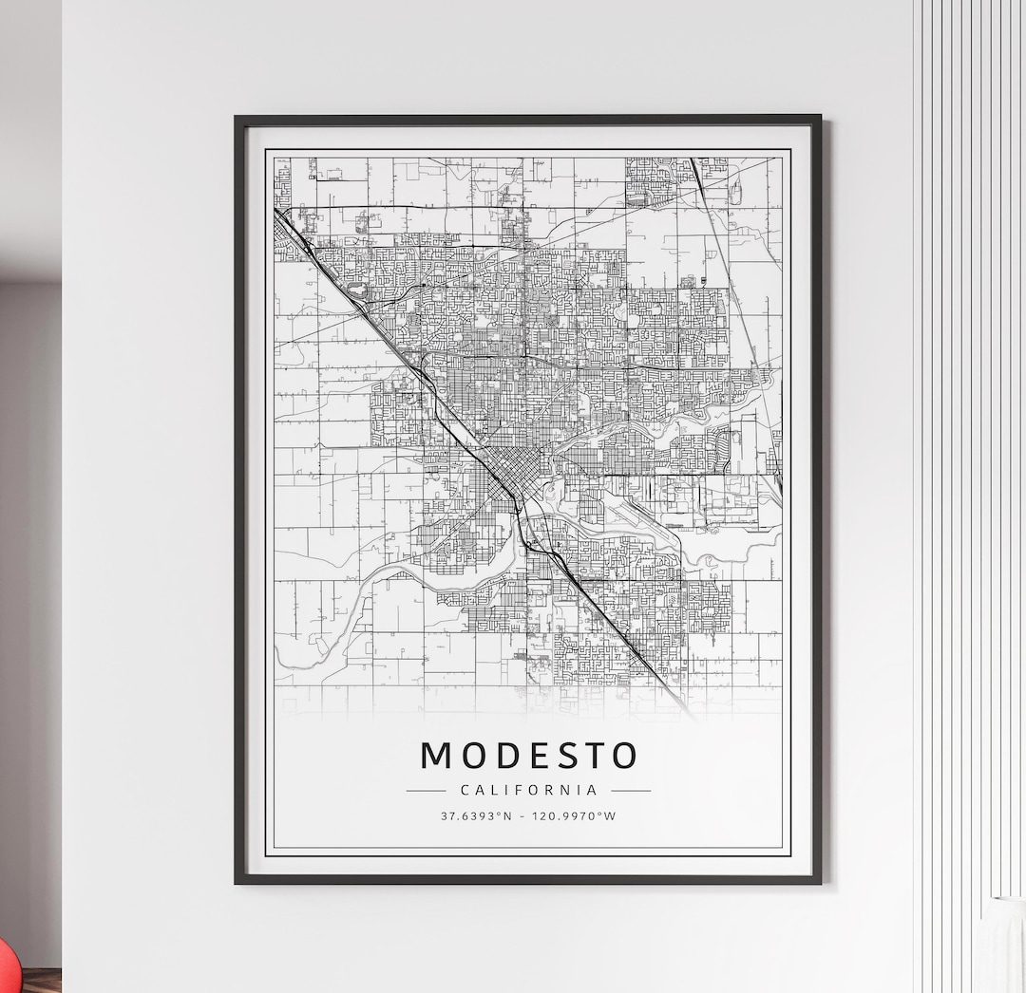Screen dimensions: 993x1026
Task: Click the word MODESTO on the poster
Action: click(x=528, y=756)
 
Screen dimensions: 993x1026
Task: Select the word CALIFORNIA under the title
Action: click(x=528, y=790)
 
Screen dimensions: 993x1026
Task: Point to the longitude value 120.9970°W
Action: click(x=575, y=815)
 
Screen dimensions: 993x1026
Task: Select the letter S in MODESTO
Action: click(x=561, y=756)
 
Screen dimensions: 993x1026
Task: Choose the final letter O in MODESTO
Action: click(x=622, y=756)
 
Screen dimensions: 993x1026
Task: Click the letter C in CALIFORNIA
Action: click(x=465, y=790)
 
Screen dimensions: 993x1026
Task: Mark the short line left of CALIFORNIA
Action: click(x=426, y=790)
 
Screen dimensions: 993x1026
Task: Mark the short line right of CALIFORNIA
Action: click(x=631, y=790)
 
